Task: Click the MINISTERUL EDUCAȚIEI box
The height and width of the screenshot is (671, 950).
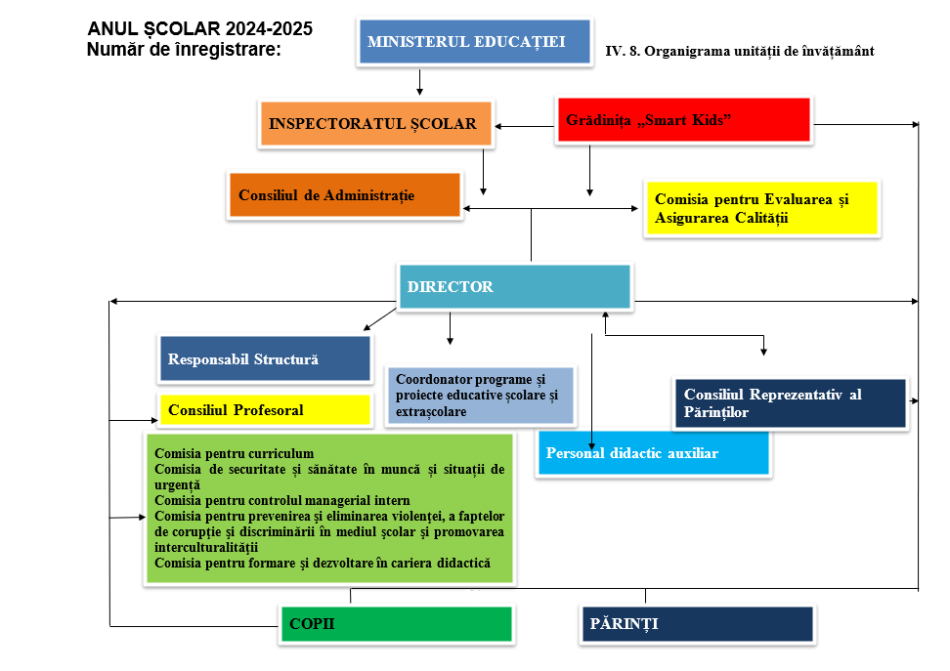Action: point(473,42)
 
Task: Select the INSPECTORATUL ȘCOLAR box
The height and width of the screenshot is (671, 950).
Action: point(373,124)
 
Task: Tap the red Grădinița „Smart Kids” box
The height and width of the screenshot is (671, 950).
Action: point(683,120)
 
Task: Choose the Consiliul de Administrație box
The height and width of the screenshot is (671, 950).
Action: point(343,195)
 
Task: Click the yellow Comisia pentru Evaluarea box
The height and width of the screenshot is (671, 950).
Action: point(761,208)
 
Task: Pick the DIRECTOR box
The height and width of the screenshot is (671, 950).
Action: point(514,287)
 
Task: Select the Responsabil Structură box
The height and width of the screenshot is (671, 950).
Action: point(265,359)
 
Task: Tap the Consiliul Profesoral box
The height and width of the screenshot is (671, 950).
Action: point(265,410)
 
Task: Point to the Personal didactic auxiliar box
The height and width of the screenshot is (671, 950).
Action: point(653,453)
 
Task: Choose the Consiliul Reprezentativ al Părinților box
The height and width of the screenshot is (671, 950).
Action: point(790,403)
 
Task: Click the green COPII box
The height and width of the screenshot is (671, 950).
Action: point(396,624)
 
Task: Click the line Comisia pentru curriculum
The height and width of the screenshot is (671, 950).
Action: point(235,454)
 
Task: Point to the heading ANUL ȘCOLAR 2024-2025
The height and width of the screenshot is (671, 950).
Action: point(200,28)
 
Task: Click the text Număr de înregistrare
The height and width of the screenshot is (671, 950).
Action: point(184,48)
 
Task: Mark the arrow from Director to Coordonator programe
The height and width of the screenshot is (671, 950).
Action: point(450,328)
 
